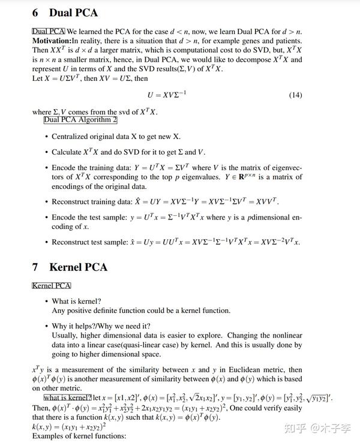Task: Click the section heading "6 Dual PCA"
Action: pos(64,13)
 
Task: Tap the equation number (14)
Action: pos(295,95)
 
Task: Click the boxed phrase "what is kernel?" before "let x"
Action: pos(68,398)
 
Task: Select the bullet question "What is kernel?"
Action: pos(76,301)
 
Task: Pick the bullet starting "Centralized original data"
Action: pos(116,137)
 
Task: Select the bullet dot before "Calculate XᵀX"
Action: pos(46,152)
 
